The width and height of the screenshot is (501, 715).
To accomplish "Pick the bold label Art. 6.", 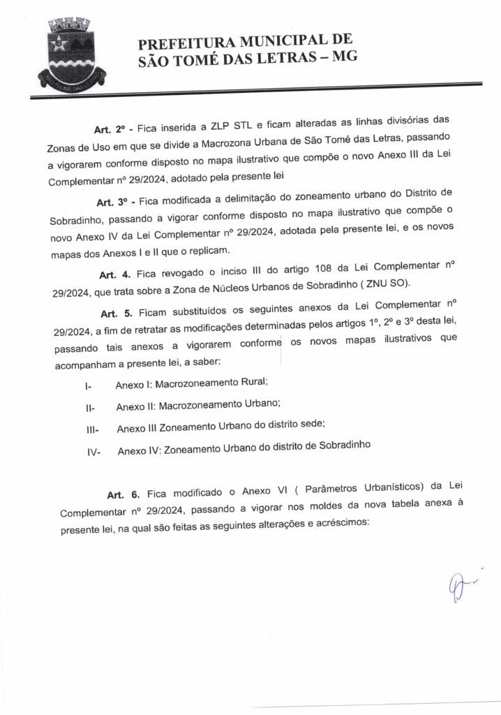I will pyautogui.click(x=123, y=495).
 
